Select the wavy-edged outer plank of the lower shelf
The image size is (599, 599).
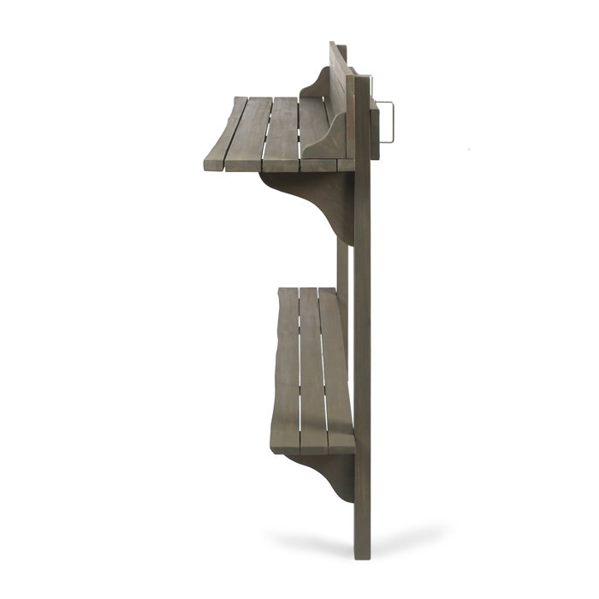coord(286,368)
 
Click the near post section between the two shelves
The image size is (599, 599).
coord(363,257)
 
